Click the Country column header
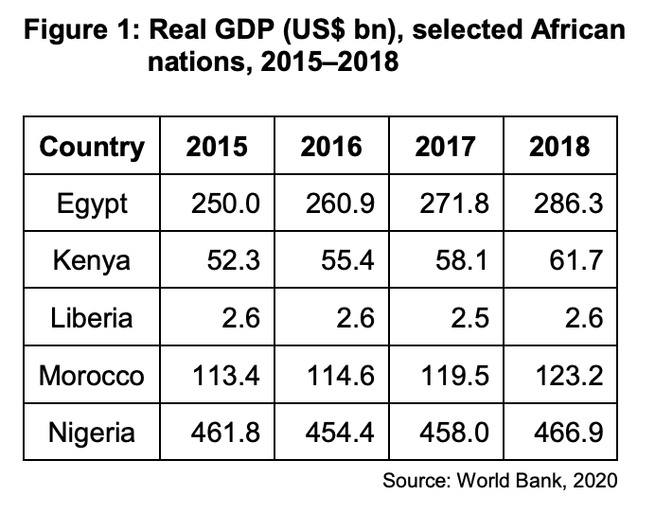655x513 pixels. tap(92, 147)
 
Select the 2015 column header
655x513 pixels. tap(217, 147)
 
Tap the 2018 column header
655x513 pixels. tap(558, 147)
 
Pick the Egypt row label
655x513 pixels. tap(92, 203)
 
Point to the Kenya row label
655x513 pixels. tap(92, 260)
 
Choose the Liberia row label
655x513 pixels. tap(92, 318)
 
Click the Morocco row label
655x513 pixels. tap(92, 376)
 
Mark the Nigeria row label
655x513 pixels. tap(92, 433)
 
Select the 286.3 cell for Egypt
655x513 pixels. tap(565, 203)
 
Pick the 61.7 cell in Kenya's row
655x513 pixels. tap(574, 260)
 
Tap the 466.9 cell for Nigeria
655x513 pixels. tap(565, 433)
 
